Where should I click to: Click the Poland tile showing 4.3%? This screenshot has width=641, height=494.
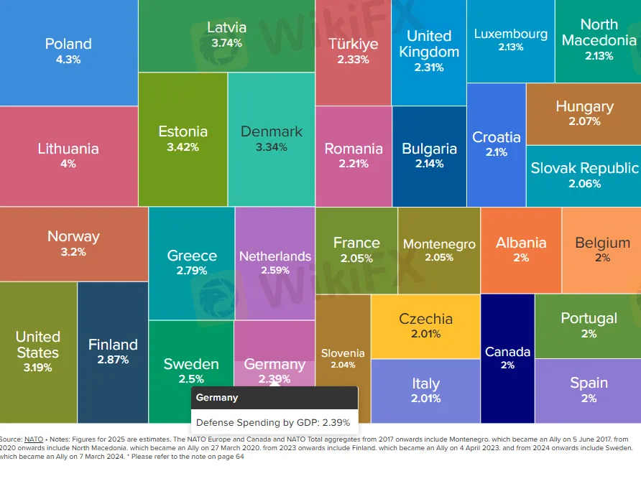click(68, 52)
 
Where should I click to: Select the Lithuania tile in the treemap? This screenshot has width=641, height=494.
click(68, 156)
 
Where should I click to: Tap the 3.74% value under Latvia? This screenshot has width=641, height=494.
click(226, 43)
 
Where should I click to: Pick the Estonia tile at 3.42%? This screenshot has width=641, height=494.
click(183, 139)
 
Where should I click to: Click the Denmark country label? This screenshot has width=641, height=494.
click(271, 131)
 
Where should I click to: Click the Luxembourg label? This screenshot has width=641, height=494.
click(510, 34)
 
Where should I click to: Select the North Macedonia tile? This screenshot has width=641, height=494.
click(598, 40)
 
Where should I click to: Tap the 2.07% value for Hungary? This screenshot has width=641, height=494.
click(584, 122)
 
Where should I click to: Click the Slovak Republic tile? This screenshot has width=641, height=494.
click(584, 175)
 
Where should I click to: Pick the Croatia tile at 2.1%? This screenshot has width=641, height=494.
click(496, 144)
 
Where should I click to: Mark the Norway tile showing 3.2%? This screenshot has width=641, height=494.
click(73, 243)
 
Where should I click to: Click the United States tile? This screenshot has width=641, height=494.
click(38, 352)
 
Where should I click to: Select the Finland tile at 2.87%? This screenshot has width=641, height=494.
click(113, 352)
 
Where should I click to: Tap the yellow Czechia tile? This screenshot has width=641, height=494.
click(425, 326)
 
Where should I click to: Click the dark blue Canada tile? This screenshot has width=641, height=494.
click(507, 358)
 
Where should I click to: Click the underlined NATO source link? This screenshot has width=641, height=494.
click(34, 439)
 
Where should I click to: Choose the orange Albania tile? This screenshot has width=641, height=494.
click(520, 250)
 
